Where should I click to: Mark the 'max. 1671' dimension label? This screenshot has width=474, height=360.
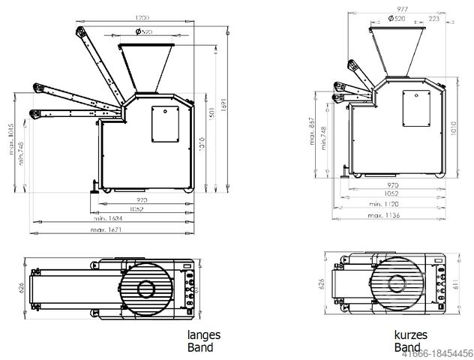click(x=105, y=229)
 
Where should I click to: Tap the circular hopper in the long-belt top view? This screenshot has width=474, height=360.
click(x=146, y=286)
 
